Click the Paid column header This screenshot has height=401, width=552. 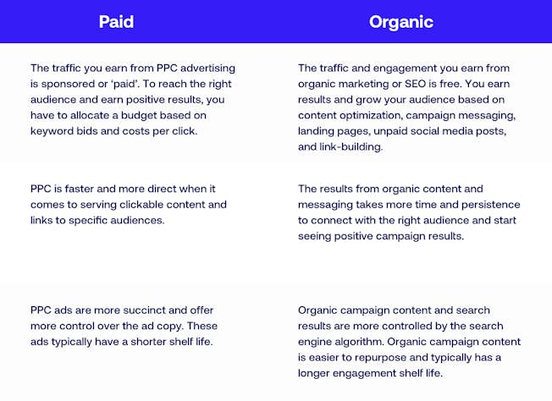116,22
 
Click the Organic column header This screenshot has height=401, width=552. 401,22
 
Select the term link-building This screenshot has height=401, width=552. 351,146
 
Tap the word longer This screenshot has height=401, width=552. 313,373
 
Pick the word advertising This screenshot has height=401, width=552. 207,69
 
